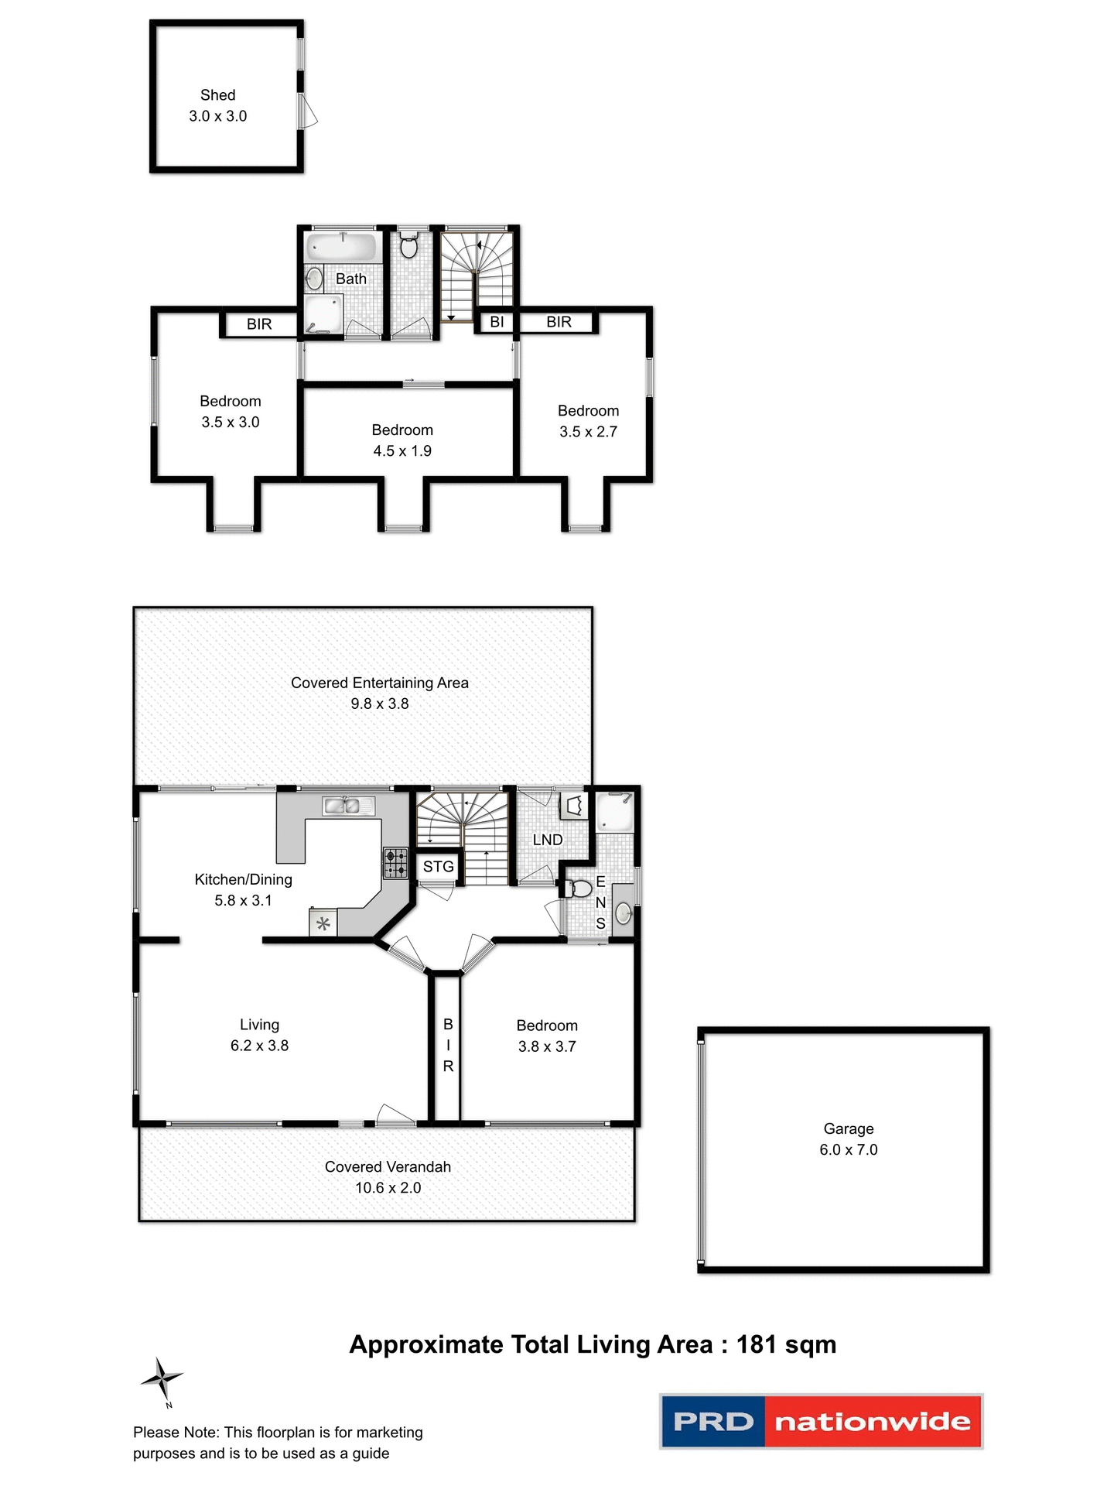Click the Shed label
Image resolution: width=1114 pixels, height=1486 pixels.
pyautogui.click(x=217, y=95)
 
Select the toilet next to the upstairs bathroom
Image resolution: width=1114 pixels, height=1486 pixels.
pyautogui.click(x=409, y=246)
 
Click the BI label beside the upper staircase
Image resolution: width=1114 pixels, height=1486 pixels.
pyautogui.click(x=497, y=322)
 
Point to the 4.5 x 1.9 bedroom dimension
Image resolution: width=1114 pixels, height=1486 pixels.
pyautogui.click(x=402, y=451)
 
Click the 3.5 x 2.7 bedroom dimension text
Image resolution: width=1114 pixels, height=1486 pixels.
pyautogui.click(x=588, y=432)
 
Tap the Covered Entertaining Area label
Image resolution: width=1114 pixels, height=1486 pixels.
pyautogui.click(x=379, y=683)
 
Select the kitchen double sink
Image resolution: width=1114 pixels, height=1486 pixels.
pyautogui.click(x=342, y=806)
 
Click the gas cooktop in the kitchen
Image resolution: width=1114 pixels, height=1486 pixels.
pyautogui.click(x=395, y=863)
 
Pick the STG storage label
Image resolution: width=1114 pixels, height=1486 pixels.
pyautogui.click(x=438, y=867)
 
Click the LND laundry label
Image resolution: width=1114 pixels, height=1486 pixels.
pyautogui.click(x=547, y=840)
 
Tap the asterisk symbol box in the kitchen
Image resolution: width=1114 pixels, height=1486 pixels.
pyautogui.click(x=323, y=923)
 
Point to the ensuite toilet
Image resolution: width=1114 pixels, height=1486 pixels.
pyautogui.click(x=579, y=888)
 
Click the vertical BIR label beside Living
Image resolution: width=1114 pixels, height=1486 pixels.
pyautogui.click(x=447, y=1045)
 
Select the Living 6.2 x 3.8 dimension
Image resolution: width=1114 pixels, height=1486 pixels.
pyautogui.click(x=259, y=1046)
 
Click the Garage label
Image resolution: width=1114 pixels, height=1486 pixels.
pyautogui.click(x=848, y=1128)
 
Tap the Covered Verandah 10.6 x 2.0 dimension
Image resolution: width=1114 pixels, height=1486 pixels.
pyautogui.click(x=388, y=1188)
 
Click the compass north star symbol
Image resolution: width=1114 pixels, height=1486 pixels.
pyautogui.click(x=162, y=1378)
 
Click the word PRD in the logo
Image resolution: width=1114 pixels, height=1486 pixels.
pyautogui.click(x=712, y=1422)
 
